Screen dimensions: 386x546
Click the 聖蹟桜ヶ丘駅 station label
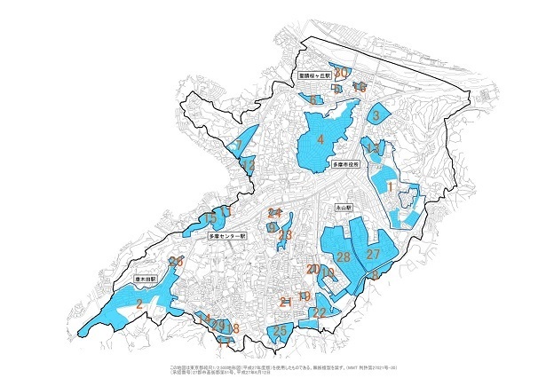point(314,77)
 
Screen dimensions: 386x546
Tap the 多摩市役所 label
point(346,164)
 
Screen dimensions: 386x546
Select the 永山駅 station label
point(344,206)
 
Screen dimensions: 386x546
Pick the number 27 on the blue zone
point(374,255)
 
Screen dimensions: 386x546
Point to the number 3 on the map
point(376,115)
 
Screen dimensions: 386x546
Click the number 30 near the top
point(340,72)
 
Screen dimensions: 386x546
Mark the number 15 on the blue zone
point(210,217)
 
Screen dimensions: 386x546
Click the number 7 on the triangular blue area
point(238,145)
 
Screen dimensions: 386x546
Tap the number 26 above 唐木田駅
point(177,261)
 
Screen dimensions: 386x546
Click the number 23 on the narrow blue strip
point(285,235)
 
